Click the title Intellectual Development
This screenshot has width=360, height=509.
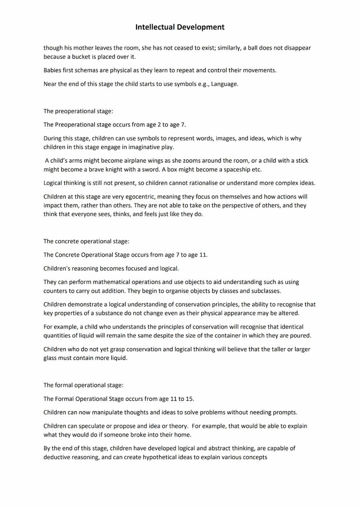[x=180, y=27]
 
